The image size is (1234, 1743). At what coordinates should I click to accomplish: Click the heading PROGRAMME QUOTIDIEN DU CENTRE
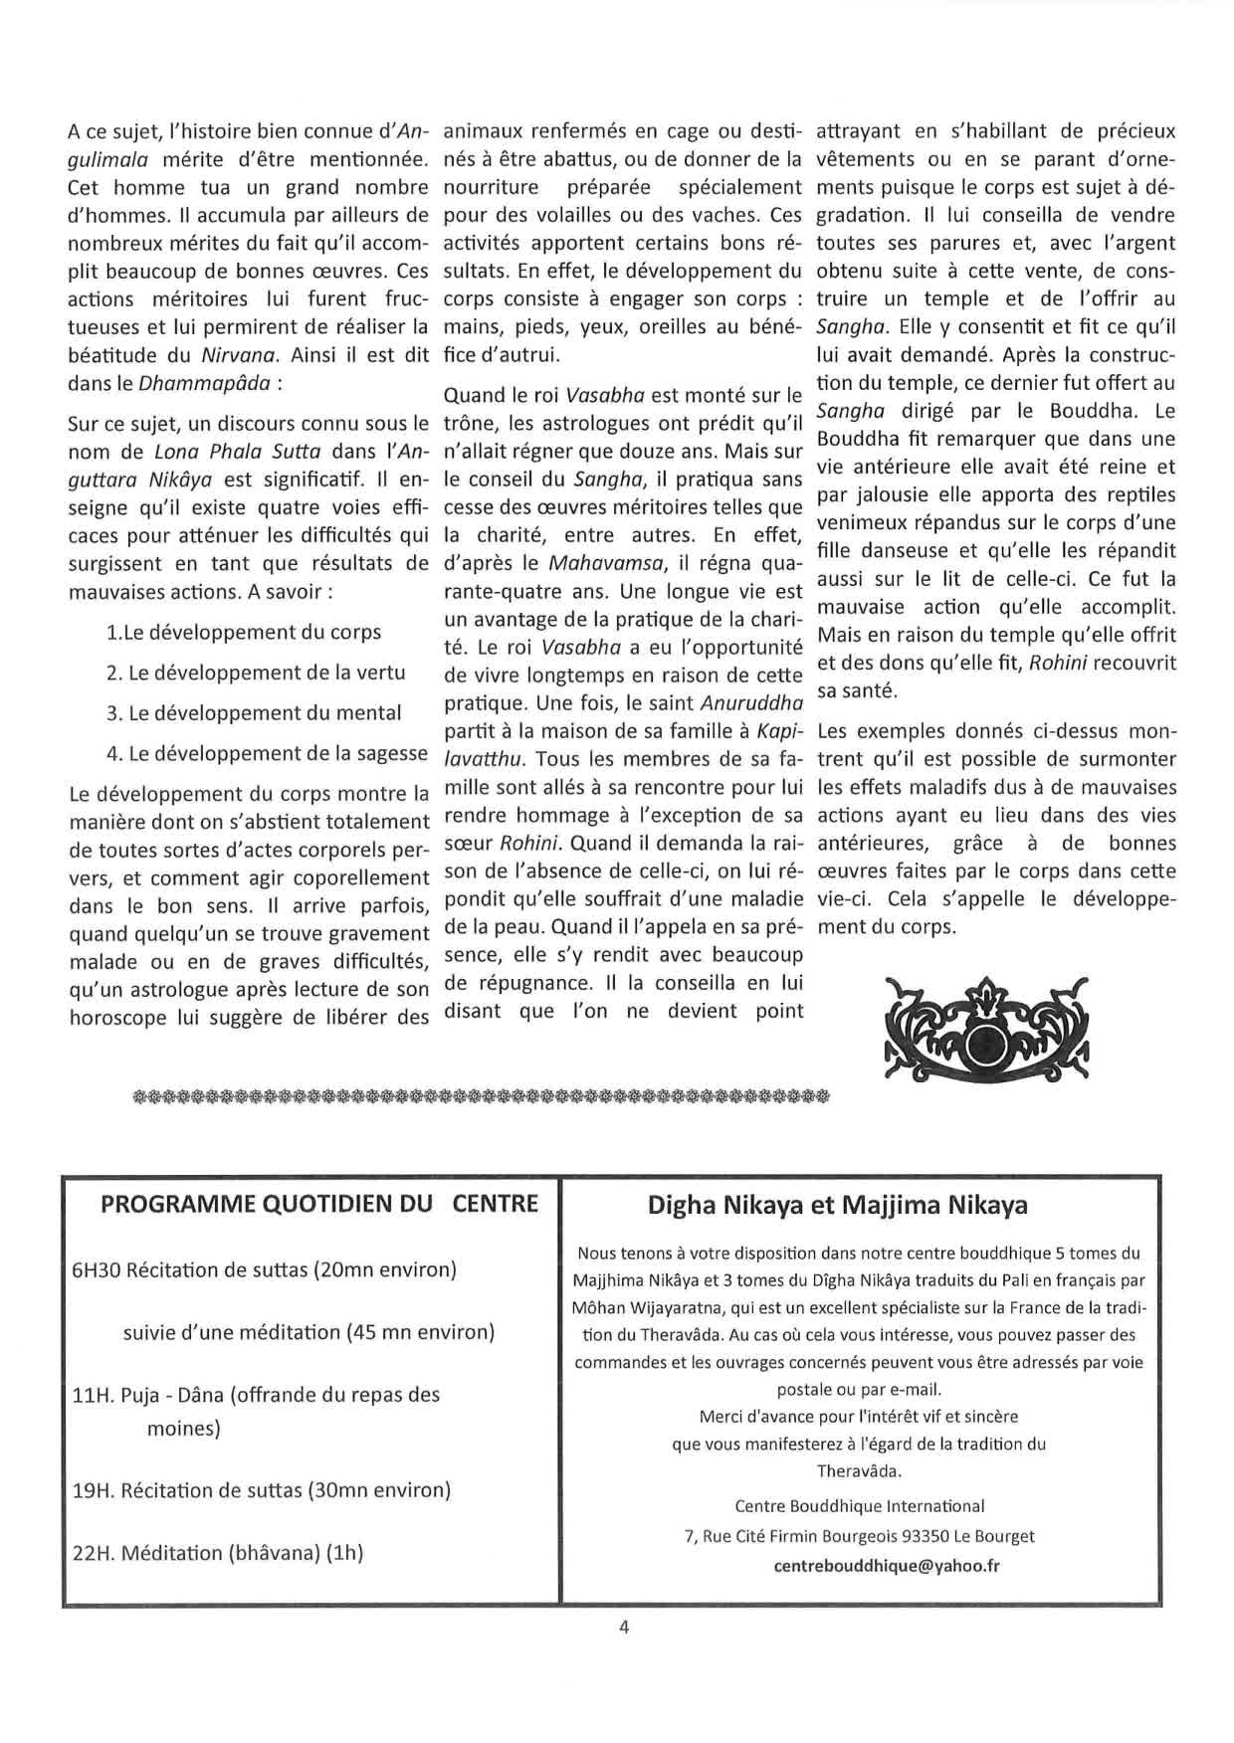click(318, 1204)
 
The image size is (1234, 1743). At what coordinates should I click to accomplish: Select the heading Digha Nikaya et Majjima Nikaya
click(837, 1206)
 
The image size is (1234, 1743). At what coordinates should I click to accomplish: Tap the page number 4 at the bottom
click(624, 1628)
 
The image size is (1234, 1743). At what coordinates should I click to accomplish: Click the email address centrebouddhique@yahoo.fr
click(887, 1565)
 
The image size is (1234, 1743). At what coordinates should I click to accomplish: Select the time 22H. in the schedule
click(95, 1553)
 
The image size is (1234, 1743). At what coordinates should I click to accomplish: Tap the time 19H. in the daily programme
click(94, 1490)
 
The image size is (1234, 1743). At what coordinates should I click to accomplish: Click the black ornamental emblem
click(986, 1034)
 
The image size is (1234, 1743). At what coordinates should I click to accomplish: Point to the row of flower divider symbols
click(480, 1097)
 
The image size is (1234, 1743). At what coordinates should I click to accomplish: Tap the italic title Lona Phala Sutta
click(238, 452)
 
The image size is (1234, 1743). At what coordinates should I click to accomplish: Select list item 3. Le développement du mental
click(254, 713)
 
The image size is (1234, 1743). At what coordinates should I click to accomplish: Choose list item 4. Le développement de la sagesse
click(267, 753)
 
